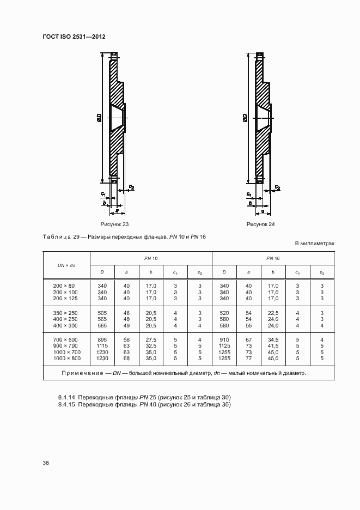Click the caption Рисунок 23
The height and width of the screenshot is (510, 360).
(114, 224)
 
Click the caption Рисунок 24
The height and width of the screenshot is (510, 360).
(261, 224)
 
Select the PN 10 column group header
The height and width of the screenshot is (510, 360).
(151, 257)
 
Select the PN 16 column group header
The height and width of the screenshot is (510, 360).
(273, 257)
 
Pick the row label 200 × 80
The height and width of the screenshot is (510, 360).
(64, 286)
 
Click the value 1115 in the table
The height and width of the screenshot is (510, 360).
(102, 345)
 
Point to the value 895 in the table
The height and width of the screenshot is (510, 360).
(102, 339)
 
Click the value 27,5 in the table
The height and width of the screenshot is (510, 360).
(151, 339)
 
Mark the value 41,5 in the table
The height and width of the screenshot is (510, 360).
(273, 345)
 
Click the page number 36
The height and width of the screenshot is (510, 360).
(46, 463)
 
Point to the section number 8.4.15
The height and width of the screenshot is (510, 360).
(67, 405)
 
